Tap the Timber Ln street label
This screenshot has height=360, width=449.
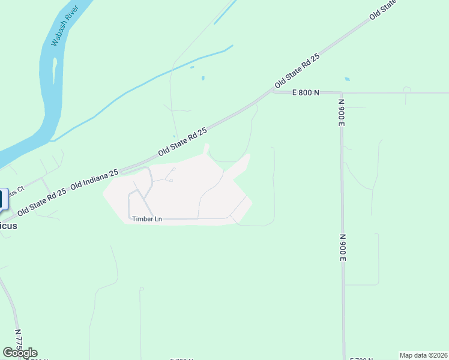pos(146,219)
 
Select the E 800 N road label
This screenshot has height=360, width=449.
pos(306,92)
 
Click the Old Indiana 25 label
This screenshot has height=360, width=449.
pos(94,179)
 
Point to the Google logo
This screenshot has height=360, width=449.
pos(20,353)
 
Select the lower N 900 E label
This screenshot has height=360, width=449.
pos(342,247)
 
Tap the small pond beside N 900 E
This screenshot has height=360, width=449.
pos(347,79)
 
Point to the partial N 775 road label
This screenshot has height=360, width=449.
pos(18,340)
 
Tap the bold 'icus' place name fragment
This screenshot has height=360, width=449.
pos(9,226)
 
